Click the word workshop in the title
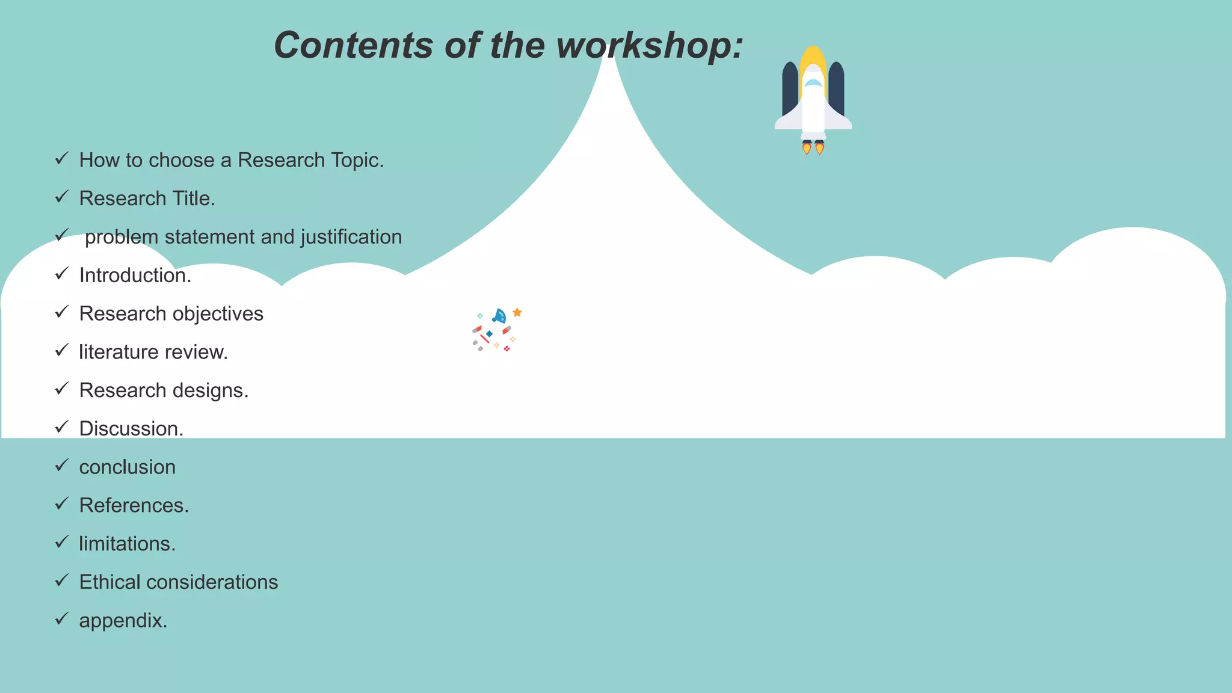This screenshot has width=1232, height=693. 650,46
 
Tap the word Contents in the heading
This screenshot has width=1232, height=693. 353,46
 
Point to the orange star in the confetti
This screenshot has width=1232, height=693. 517,312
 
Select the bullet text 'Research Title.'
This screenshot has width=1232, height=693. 147,199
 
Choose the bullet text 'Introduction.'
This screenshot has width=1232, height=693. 135,276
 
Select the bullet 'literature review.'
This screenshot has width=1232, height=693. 153,352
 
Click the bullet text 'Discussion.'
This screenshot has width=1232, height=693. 131,429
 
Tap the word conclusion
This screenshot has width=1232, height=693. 128,467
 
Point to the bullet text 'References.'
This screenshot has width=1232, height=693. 134,505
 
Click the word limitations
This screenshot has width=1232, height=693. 127,544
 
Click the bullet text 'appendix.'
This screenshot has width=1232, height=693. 123,621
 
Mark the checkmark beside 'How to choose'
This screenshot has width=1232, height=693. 62,158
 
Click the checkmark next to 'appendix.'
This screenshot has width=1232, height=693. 62,618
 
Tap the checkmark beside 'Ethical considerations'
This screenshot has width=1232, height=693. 62,581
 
